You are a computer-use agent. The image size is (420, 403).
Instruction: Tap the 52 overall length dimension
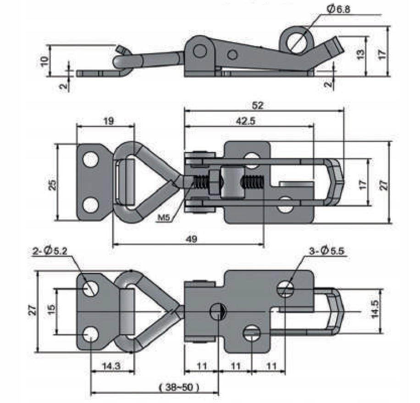[x=258, y=105]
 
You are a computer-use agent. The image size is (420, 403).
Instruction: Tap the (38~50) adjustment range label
[x=178, y=387]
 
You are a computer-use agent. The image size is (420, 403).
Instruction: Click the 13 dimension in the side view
[x=361, y=54]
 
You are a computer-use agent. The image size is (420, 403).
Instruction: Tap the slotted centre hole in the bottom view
[x=218, y=312]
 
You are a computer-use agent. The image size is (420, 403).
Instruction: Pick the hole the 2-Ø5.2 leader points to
[x=91, y=287]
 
